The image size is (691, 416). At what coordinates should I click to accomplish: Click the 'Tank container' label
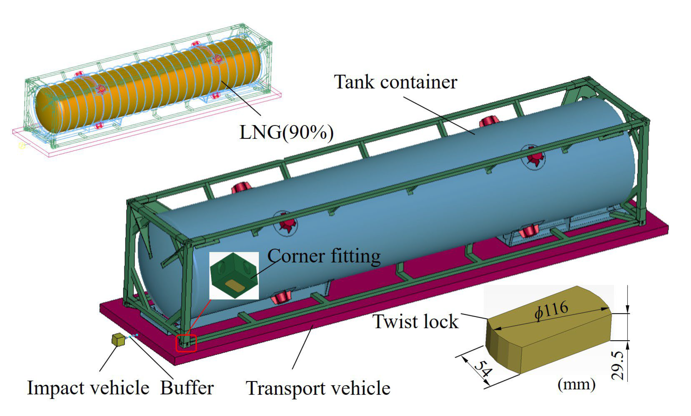[x=395, y=82]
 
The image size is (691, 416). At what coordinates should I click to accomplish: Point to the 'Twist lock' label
[x=415, y=322]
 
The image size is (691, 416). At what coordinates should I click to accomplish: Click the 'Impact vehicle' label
[x=88, y=388]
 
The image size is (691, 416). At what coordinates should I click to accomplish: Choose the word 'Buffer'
[x=187, y=388]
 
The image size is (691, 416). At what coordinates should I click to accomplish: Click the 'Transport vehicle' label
[x=318, y=388]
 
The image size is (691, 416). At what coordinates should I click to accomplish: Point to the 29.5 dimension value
[x=618, y=365]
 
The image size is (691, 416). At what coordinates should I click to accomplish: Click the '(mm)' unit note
[x=576, y=385]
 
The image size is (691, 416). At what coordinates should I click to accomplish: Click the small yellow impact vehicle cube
[x=118, y=340]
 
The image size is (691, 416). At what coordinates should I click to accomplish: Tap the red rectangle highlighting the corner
[x=186, y=343]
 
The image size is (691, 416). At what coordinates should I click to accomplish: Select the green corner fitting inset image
[x=234, y=275]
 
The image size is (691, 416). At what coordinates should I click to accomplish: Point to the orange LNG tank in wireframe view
[x=150, y=87]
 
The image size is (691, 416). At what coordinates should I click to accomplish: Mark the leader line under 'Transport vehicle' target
[x=302, y=347]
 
